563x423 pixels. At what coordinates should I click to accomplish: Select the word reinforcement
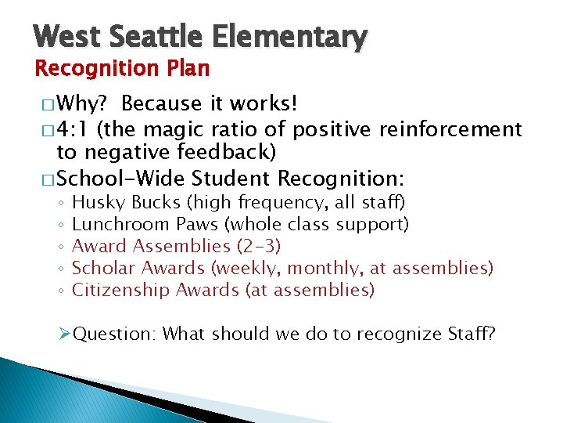451,128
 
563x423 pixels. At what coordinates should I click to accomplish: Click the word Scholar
100,269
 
